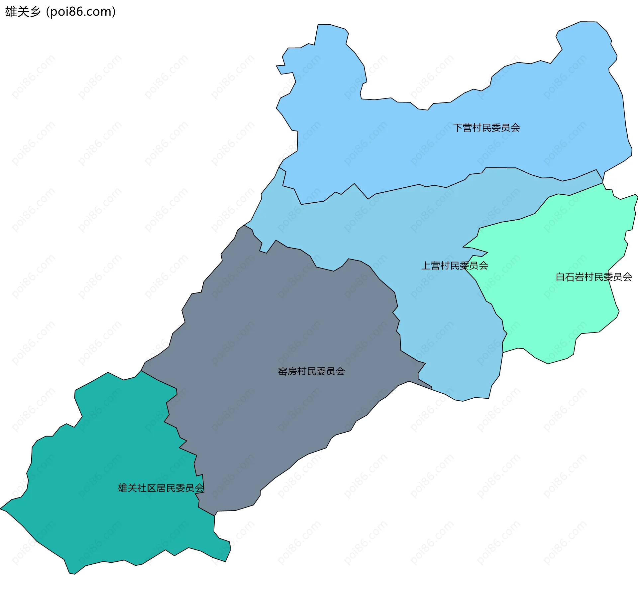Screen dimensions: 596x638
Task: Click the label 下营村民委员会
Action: (486, 128)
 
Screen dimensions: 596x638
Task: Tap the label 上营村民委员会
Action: (455, 266)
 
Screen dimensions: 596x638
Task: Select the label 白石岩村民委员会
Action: (593, 277)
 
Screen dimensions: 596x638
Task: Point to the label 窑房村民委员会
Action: (311, 371)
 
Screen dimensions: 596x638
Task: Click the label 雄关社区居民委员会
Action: (161, 488)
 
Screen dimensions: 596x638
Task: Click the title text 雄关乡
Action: (23, 12)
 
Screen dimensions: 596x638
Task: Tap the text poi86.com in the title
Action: (81, 12)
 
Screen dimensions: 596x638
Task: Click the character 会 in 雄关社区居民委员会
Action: (199, 488)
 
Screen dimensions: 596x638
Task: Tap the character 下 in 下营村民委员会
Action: (458, 128)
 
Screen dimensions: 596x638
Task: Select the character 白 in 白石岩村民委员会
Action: (560, 277)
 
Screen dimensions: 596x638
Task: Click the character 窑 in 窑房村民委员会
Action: (283, 371)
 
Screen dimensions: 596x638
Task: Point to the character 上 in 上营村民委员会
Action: (426, 266)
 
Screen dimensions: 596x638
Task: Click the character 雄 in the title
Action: (11, 12)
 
